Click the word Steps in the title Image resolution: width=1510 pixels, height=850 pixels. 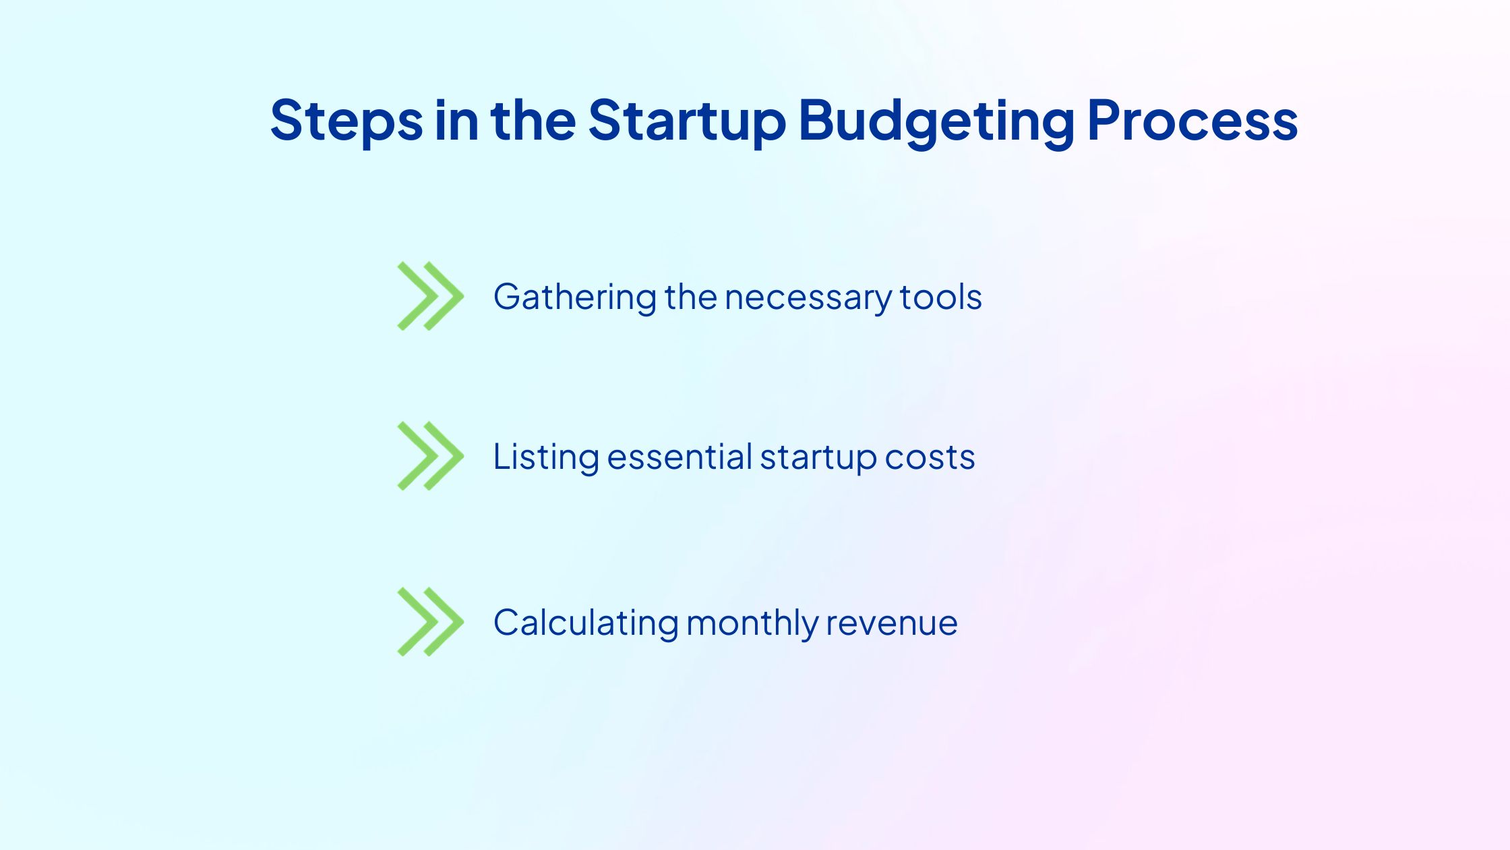tap(346, 121)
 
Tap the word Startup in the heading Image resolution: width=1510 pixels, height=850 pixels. tap(687, 121)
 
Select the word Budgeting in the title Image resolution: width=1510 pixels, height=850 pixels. tap(936, 122)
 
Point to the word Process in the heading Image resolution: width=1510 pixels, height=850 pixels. tap(1192, 121)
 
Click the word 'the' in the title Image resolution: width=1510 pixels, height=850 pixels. tap(533, 119)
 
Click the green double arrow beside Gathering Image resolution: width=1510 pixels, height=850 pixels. tap(431, 296)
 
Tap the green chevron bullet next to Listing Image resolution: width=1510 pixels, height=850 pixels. tap(431, 456)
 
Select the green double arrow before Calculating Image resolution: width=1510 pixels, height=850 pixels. tap(431, 622)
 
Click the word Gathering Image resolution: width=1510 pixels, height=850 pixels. tap(575, 297)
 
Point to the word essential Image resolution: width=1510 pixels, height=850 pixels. tap(679, 457)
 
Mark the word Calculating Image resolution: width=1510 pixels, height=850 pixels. tap(586, 623)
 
